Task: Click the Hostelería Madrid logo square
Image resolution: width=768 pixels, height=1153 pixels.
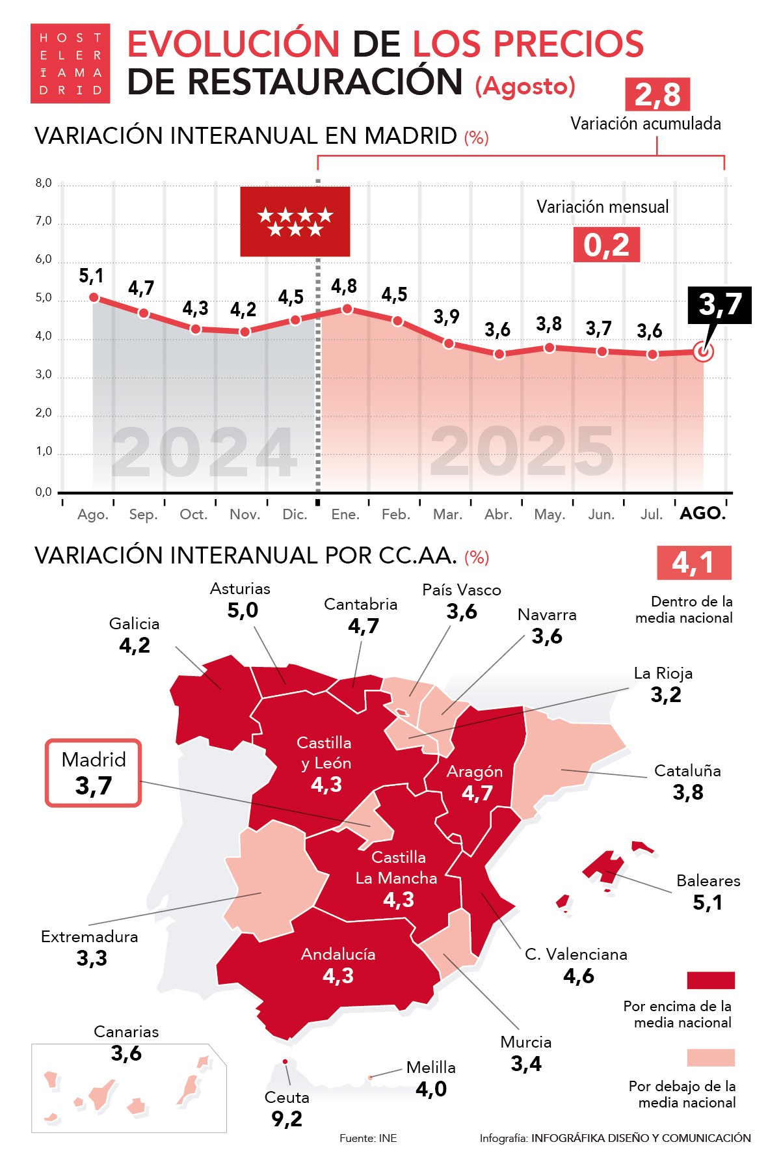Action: point(70,64)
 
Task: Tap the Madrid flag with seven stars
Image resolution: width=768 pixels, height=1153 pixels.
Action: point(295,222)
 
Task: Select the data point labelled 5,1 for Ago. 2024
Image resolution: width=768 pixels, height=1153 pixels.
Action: point(94,297)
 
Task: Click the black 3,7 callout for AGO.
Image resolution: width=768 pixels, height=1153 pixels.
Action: point(720,305)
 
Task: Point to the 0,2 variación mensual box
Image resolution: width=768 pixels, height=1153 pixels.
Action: point(606,245)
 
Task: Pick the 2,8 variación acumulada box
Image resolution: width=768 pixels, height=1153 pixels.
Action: point(657,95)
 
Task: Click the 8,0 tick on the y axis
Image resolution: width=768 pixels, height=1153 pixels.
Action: point(44,183)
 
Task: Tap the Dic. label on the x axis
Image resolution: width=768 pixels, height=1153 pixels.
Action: point(295,515)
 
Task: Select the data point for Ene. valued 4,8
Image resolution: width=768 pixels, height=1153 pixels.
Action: point(347,308)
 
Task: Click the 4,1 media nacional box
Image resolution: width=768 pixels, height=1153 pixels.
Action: point(693,563)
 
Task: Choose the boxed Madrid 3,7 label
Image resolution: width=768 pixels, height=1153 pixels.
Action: point(93,773)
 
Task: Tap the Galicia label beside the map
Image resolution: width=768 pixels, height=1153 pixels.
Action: point(134,624)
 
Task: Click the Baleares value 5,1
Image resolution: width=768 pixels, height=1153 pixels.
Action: point(708,902)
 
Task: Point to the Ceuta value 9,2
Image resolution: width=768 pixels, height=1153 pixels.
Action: point(287,1119)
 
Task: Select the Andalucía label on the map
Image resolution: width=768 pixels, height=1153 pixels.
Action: point(338,955)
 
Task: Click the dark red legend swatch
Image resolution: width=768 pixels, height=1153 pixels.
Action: point(710,981)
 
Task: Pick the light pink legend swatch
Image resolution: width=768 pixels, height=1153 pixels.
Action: point(710,1057)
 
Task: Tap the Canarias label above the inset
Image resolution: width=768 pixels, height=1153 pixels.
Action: point(126,1032)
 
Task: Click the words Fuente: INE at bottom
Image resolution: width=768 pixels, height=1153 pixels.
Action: point(368,1138)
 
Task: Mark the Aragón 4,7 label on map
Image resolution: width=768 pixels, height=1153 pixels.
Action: point(476,783)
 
